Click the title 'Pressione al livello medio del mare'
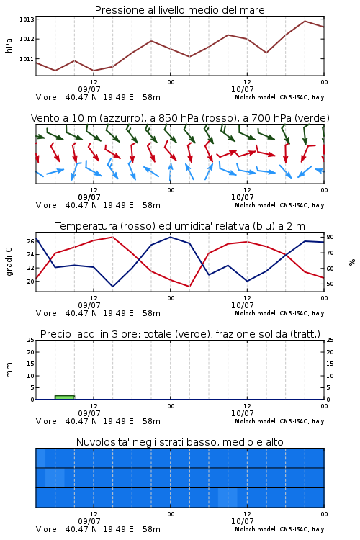tap(179, 10)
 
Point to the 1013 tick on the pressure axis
tap(27, 19)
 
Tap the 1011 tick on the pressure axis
tap(27, 59)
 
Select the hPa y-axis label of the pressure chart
tap(9, 45)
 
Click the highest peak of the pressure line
tap(305, 21)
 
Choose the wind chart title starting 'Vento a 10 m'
tap(180, 118)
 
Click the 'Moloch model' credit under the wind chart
tap(279, 205)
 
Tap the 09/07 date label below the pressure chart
tap(89, 89)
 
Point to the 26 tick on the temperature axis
tap(31, 241)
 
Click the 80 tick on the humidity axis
tap(330, 237)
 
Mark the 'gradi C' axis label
tap(9, 261)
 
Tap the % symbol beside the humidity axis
tap(352, 262)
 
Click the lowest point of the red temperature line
tap(189, 287)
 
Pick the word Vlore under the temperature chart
tap(46, 313)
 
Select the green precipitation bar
tap(65, 397)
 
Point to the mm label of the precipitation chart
tap(9, 370)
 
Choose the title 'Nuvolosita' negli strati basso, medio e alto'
tap(180, 442)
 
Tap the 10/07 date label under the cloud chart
tap(242, 521)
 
